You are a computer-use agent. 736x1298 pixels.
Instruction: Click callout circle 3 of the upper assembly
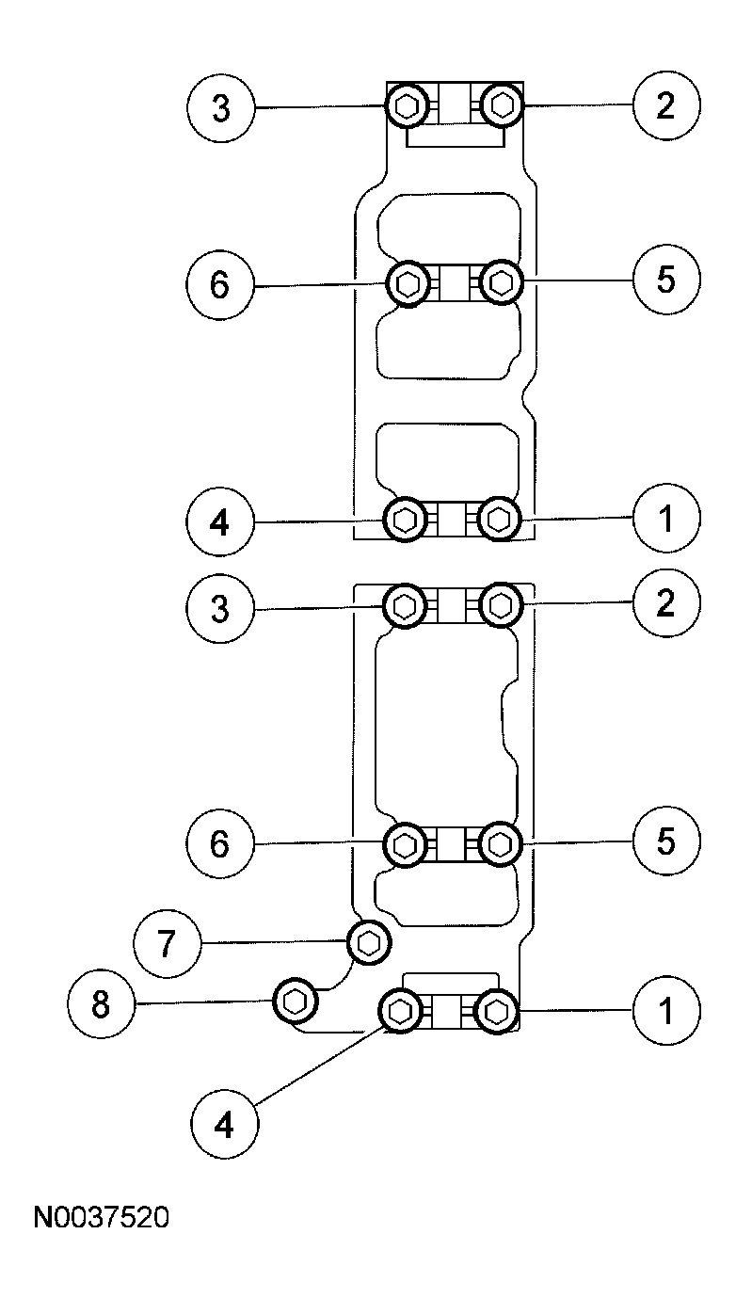click(x=220, y=107)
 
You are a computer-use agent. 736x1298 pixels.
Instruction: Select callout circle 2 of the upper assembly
click(x=666, y=105)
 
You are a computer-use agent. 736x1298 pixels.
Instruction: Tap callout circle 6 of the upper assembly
click(x=219, y=284)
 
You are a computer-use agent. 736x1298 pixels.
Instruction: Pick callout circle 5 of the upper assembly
click(x=666, y=280)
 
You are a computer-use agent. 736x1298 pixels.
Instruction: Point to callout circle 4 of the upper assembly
click(x=219, y=521)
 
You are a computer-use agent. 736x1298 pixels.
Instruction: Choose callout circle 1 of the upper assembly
click(x=666, y=519)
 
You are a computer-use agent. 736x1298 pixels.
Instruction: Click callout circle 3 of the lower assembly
click(x=220, y=608)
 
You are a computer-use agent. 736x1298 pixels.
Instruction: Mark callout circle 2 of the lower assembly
click(x=666, y=602)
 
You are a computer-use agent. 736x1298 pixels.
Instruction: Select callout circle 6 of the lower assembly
click(x=219, y=843)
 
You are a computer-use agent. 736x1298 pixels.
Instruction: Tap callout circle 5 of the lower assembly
click(x=666, y=841)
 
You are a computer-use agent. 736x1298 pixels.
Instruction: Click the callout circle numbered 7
click(x=167, y=944)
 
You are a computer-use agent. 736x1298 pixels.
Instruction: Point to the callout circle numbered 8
click(x=101, y=1004)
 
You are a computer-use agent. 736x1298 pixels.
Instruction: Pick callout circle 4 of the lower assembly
click(x=224, y=1125)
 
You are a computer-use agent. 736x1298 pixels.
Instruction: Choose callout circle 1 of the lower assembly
click(x=666, y=1012)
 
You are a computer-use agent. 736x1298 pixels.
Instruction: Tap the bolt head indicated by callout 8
click(x=295, y=1001)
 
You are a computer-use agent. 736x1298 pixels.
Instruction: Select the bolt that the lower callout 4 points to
click(x=401, y=1013)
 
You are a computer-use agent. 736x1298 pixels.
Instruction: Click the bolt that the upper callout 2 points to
click(x=502, y=105)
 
